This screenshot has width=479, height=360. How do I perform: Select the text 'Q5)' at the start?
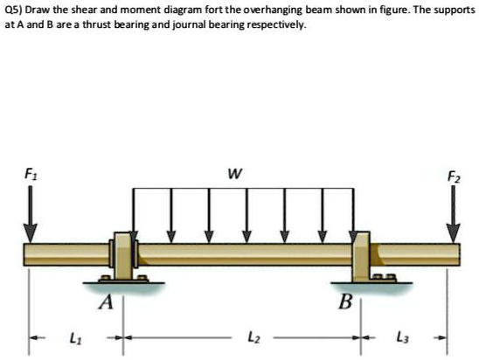(11, 10)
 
